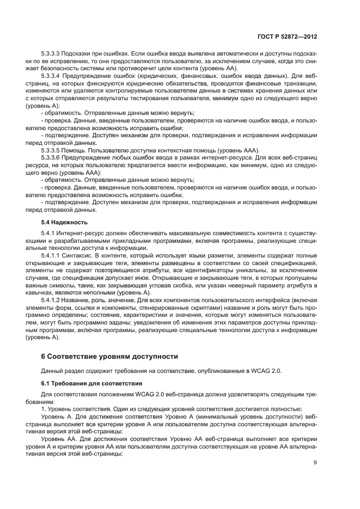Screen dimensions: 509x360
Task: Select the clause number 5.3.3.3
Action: click(52, 54)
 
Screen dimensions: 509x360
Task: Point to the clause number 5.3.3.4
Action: click(52, 76)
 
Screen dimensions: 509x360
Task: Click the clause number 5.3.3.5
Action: click(52, 150)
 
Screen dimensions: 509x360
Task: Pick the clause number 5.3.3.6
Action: click(52, 157)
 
